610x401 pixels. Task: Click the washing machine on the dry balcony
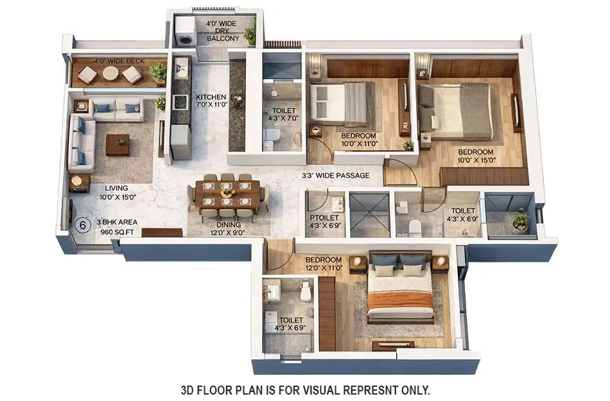pos(186,33)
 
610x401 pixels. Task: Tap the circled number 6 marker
pos(82,225)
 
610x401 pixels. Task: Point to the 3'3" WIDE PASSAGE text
pos(336,175)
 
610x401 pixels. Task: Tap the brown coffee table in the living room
pos(118,144)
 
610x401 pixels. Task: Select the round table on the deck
pos(110,74)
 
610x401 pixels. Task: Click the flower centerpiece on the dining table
pos(227,192)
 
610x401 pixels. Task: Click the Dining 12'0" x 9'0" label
pos(229,229)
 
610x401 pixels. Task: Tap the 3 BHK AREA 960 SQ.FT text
pos(117,226)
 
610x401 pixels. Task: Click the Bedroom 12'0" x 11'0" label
pos(324,264)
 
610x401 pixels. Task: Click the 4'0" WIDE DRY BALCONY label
pos(222,31)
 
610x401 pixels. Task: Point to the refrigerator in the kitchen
pos(181,142)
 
